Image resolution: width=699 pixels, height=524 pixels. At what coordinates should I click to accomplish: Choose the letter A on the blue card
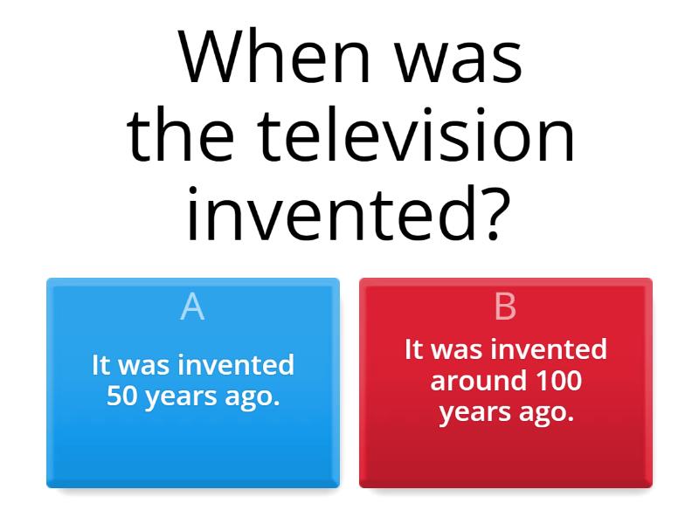point(192,307)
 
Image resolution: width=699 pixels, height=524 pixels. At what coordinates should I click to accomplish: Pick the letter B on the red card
point(505,307)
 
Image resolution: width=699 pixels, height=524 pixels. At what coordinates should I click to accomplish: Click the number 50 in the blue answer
point(121,396)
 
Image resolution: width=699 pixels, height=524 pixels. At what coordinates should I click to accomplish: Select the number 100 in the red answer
point(559,381)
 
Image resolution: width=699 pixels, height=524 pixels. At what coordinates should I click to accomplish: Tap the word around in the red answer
point(478,381)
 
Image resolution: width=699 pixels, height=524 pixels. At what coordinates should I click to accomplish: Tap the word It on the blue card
point(101,365)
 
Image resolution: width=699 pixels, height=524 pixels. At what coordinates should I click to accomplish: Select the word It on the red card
point(414,349)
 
